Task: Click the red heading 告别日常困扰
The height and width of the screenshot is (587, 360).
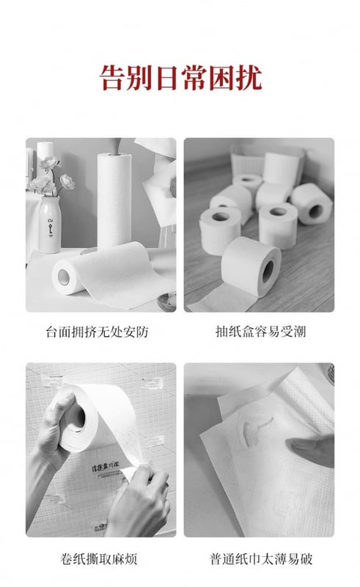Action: click(x=180, y=78)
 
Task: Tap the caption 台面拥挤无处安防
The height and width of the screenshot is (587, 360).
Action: click(x=98, y=332)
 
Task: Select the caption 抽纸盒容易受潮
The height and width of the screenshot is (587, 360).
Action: click(x=261, y=332)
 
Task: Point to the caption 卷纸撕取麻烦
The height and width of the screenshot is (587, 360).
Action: click(x=99, y=559)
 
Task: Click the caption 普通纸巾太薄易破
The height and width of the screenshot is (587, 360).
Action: click(x=261, y=559)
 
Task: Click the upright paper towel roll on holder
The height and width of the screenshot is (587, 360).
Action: click(x=114, y=200)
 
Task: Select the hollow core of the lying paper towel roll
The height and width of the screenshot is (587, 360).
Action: click(x=64, y=277)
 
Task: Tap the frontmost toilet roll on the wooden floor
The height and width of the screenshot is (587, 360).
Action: click(x=251, y=266)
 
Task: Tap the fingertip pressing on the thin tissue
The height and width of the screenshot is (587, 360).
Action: click(x=295, y=445)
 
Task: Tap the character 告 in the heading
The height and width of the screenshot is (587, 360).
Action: click(x=112, y=78)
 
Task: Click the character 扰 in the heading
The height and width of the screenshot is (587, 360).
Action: click(x=249, y=78)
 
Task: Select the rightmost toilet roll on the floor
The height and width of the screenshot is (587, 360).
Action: click(x=312, y=204)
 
